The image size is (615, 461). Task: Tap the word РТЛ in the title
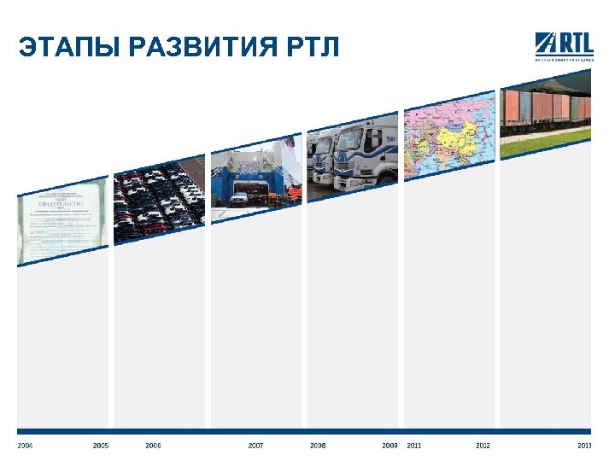tap(313, 49)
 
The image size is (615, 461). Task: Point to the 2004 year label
tap(25, 446)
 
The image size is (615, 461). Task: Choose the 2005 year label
tap(101, 446)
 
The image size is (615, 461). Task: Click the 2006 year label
tap(153, 446)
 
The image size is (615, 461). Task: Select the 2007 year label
tap(255, 446)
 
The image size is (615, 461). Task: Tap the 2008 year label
tap(318, 446)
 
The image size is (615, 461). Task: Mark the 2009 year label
tap(389, 446)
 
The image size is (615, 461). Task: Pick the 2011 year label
tap(414, 446)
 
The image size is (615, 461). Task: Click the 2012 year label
tap(483, 446)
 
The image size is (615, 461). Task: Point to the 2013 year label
tap(584, 446)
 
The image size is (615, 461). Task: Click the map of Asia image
tap(448, 136)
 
